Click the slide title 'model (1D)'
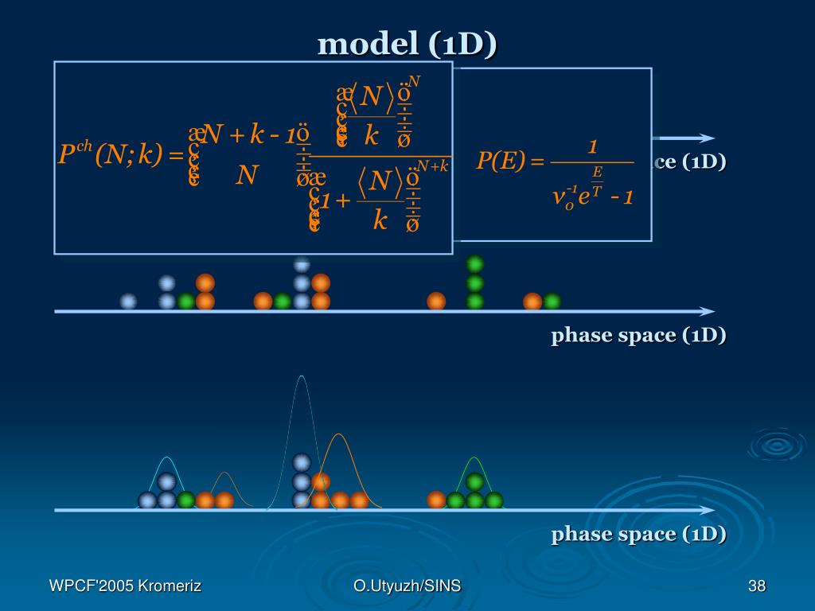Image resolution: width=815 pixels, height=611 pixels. [407, 45]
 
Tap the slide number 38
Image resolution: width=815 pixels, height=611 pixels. [756, 587]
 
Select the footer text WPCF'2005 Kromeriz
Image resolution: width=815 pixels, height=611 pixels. [125, 587]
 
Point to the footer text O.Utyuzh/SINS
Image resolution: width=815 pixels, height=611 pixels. [407, 587]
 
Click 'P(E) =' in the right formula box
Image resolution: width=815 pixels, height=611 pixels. [509, 162]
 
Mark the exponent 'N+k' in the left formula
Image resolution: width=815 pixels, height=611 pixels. [434, 165]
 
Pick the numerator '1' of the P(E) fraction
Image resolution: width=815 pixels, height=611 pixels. [592, 147]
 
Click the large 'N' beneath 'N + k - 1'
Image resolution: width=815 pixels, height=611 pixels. [248, 175]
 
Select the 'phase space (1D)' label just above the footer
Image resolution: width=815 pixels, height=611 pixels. [638, 534]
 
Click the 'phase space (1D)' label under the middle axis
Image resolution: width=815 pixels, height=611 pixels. [638, 335]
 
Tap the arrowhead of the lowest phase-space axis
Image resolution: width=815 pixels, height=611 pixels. [707, 510]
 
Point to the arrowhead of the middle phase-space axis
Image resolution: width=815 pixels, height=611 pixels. [707, 311]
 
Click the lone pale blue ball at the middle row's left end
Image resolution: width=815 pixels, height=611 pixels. [128, 302]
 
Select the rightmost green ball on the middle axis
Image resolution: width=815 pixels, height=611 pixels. [552, 302]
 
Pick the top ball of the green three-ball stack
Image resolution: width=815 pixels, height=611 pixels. [475, 264]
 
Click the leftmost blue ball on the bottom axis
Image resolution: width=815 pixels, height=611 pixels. [147, 500]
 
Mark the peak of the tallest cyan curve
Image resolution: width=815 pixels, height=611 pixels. [301, 376]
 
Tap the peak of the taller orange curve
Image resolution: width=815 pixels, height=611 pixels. [340, 434]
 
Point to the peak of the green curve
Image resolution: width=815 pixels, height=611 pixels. [474, 458]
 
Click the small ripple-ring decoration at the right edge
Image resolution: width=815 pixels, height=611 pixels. [776, 445]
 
